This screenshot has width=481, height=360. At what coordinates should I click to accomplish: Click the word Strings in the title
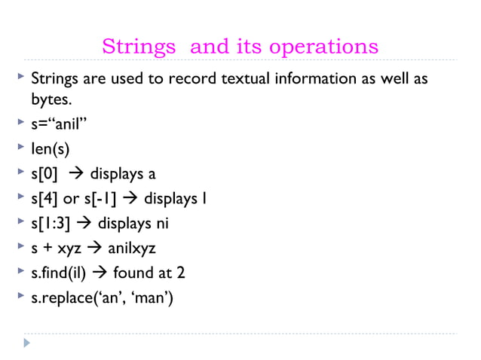tap(139, 47)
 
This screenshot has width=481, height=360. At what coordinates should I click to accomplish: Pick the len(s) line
tap(50, 149)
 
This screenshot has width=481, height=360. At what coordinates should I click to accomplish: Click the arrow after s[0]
tap(75, 174)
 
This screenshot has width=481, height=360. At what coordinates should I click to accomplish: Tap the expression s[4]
tap(44, 199)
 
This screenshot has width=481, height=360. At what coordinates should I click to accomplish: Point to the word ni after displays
tap(161, 224)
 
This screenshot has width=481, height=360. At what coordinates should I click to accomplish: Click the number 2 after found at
tap(182, 273)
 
